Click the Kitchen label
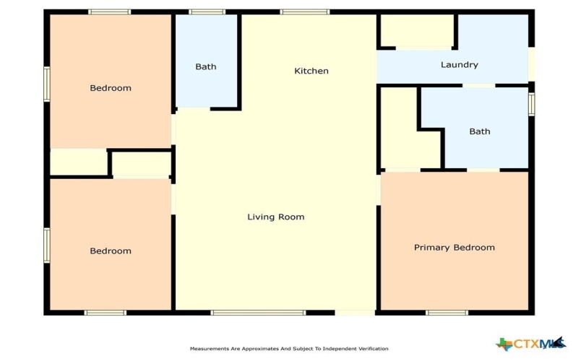click(x=311, y=71)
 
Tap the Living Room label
click(x=276, y=217)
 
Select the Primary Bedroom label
click(x=454, y=248)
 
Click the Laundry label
click(x=460, y=65)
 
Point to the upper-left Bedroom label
click(x=111, y=88)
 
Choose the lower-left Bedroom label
click(x=111, y=251)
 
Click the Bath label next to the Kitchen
click(x=206, y=67)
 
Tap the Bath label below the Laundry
click(x=480, y=131)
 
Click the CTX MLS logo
click(x=531, y=344)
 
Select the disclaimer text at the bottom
click(x=289, y=349)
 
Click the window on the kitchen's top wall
click(x=305, y=12)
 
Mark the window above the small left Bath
click(x=207, y=12)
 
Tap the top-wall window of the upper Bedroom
click(x=110, y=12)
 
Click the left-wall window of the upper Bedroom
click(x=47, y=84)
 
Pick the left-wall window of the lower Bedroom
click(x=47, y=245)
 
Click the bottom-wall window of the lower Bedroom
click(x=105, y=313)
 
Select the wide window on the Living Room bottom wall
click(x=258, y=313)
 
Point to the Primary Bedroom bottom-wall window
click(x=447, y=313)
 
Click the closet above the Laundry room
click(x=416, y=30)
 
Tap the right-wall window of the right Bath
click(x=532, y=103)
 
